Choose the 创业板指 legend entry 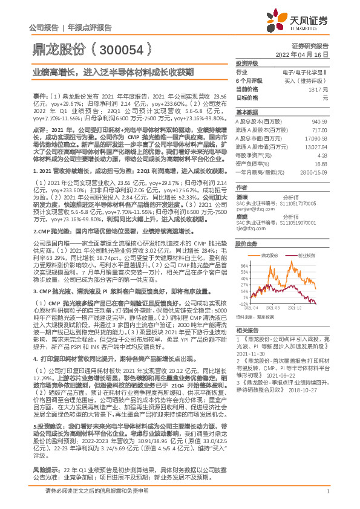307,256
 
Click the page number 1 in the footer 326,499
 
